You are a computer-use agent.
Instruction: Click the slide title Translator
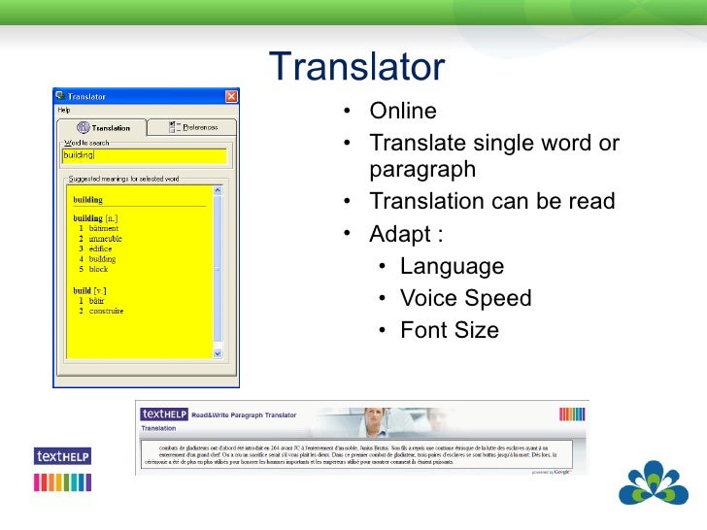[x=356, y=67]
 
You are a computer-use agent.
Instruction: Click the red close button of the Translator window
[x=231, y=96]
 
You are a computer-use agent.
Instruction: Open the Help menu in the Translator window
[x=64, y=110]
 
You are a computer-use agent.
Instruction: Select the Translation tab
[x=104, y=127]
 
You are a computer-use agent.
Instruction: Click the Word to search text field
[x=144, y=155]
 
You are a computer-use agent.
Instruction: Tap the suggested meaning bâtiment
[x=104, y=229]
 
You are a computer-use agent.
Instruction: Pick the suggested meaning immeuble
[x=105, y=239]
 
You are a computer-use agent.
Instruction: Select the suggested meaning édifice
[x=100, y=249]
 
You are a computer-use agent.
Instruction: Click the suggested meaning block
[x=99, y=269]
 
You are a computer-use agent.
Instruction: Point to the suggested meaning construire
[x=107, y=312]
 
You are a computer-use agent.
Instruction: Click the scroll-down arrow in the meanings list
[x=219, y=356]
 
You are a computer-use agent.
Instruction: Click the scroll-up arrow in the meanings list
[x=219, y=189]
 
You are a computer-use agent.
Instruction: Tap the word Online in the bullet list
[x=403, y=111]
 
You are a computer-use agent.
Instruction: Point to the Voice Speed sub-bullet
[x=465, y=298]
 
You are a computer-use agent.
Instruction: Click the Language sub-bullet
[x=452, y=266]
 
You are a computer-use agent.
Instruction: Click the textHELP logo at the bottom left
[x=62, y=455]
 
